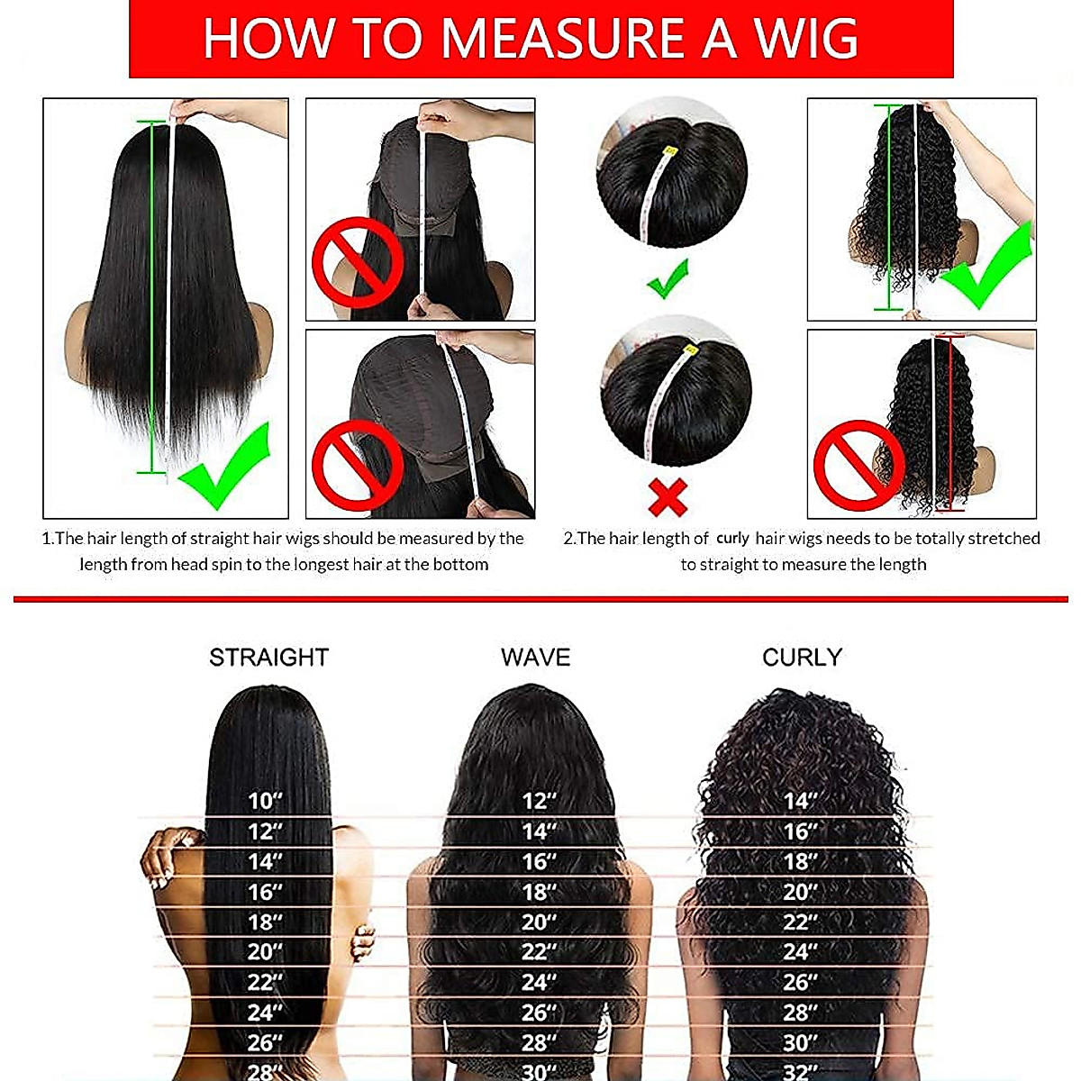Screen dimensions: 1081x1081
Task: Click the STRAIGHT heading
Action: coord(268,658)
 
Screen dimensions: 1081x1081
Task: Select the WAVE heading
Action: coord(535,658)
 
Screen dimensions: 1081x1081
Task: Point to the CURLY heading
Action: coord(801,658)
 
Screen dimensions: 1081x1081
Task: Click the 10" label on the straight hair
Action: coord(265,801)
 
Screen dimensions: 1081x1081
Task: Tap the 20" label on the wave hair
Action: coord(539,922)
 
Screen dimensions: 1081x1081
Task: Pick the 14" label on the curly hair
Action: coord(799,801)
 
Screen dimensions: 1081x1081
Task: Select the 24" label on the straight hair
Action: coord(265,1013)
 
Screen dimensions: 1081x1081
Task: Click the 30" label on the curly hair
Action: coord(799,1042)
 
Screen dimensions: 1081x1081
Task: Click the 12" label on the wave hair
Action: coord(539,801)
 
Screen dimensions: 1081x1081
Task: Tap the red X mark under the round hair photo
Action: coord(668,496)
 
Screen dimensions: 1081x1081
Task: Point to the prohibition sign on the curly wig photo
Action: coord(858,465)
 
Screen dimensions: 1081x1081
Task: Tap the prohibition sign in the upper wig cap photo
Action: coord(358,261)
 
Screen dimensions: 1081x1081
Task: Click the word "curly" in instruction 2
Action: coord(732,539)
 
